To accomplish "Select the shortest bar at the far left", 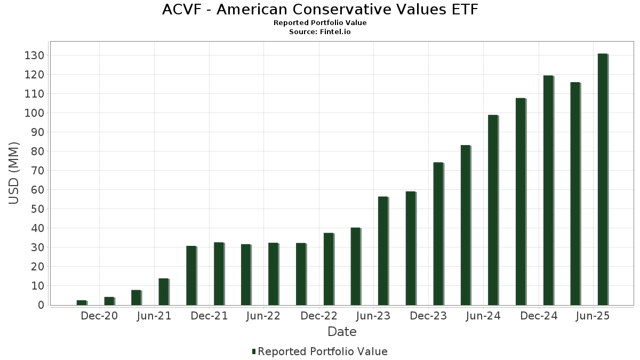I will pos(81,302).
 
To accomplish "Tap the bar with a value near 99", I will pos(493,210).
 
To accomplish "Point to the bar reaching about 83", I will pos(466,225).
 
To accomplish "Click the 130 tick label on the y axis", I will pos(34,55).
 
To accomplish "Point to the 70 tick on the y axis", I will pos(36,171).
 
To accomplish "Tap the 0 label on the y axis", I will pos(39,305).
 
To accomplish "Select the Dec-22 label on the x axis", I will pos(319,316).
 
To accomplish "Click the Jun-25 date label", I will pos(593,316).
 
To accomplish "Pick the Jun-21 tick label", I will pos(154,316).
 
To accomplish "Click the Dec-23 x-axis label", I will pos(429,316).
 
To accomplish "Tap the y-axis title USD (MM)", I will pos(14,173).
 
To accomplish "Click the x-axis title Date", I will pos(342,332).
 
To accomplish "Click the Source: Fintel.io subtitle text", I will pos(320,31).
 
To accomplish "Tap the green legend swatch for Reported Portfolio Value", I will pos(254,351).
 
